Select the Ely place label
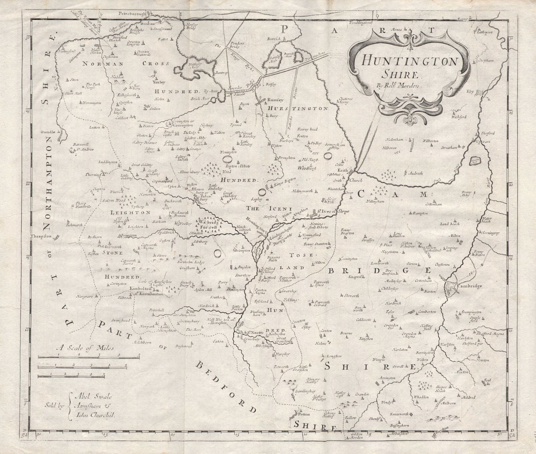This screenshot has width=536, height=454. tap(471, 91)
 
